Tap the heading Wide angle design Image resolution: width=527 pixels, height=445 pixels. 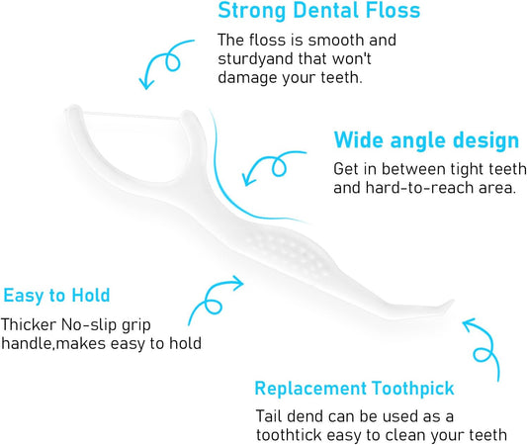426,139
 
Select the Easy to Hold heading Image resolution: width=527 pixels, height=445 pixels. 56,295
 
